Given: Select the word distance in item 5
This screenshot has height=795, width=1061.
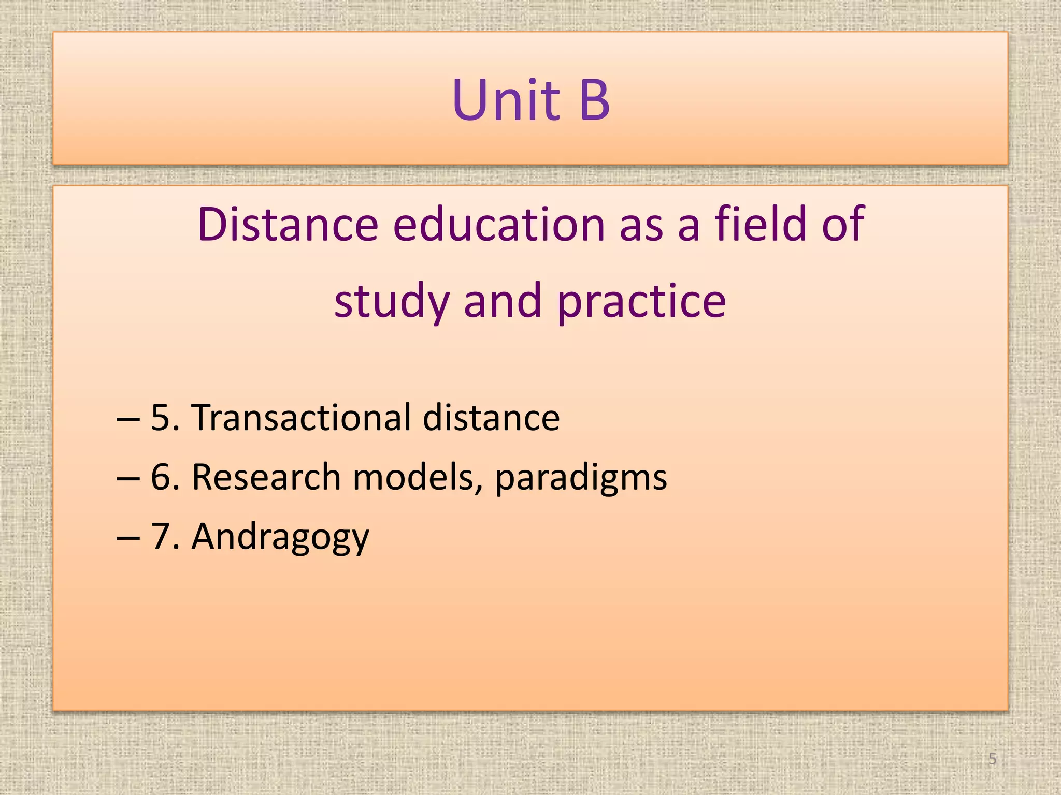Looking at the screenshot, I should pyautogui.click(x=491, y=417).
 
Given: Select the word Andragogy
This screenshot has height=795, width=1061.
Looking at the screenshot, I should pyautogui.click(x=280, y=537).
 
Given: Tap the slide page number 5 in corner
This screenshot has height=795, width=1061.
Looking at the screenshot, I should pyautogui.click(x=992, y=759).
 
